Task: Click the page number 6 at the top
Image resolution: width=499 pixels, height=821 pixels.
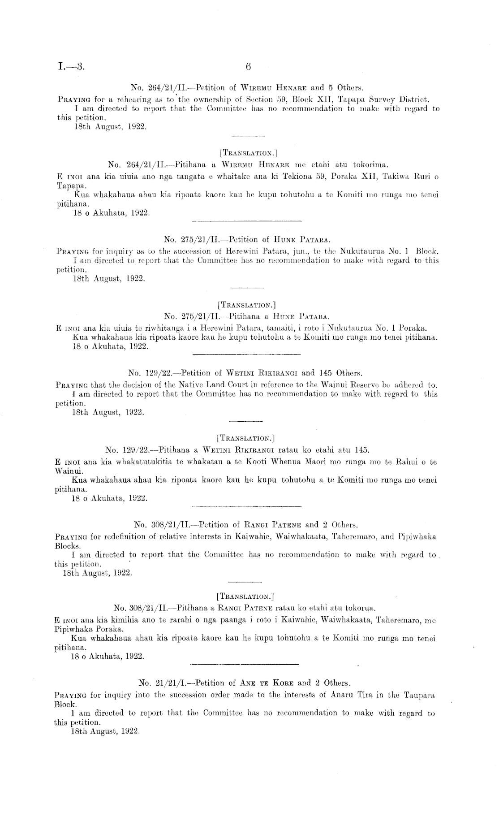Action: point(249,67)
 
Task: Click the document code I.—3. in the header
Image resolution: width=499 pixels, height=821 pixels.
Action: point(71,67)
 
